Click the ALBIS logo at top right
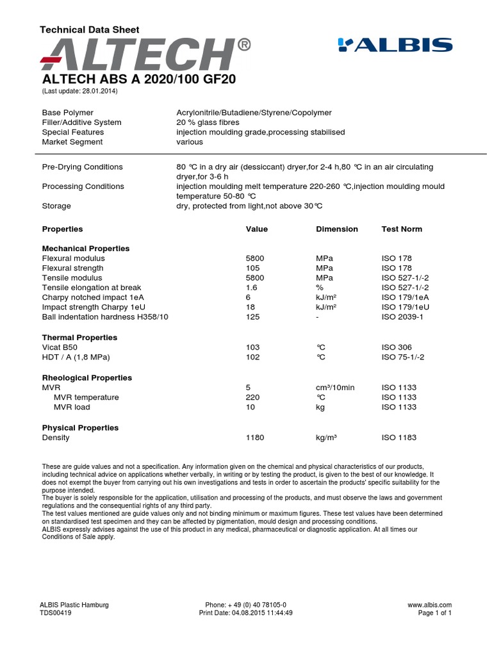coord(395,45)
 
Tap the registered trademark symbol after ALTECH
coord(243,45)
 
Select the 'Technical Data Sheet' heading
coord(89,29)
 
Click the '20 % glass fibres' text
coord(208,122)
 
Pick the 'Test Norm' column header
coord(402,229)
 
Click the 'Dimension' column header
coord(337,229)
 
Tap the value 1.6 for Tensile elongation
coord(251,288)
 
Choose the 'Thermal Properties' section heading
coord(79,337)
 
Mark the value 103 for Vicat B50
coord(252,347)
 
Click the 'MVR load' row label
coord(72,407)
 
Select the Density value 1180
coord(255,438)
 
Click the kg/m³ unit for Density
coord(326,438)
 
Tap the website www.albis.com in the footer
coord(429,605)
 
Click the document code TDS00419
coord(56,613)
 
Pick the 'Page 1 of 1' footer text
coord(435,613)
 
